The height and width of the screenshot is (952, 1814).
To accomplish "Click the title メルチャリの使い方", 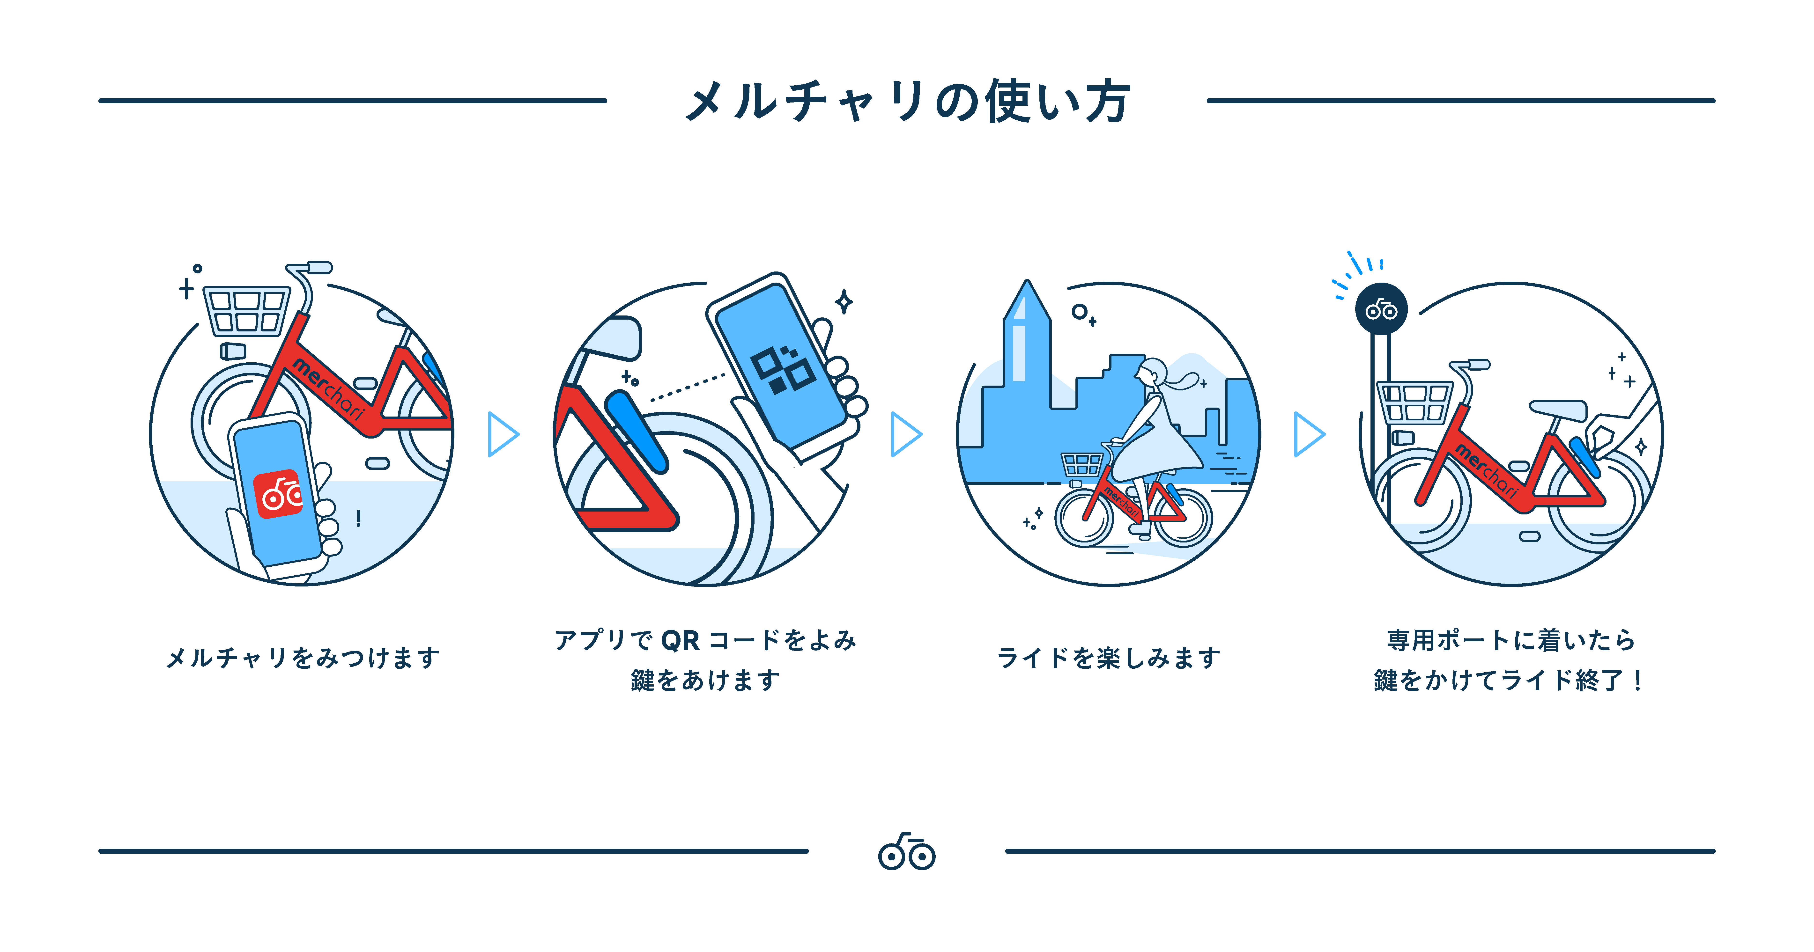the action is pyautogui.click(x=907, y=101).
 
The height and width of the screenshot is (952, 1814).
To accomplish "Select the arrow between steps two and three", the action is pyautogui.click(x=906, y=434).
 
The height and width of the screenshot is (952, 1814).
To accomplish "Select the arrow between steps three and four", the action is pyautogui.click(x=1308, y=434).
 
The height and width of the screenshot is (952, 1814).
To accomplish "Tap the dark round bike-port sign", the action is pyautogui.click(x=1381, y=308).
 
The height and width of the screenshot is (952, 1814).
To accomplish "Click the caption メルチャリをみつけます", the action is pyautogui.click(x=303, y=658).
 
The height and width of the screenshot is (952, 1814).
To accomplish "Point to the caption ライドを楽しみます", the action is pyautogui.click(x=1108, y=658).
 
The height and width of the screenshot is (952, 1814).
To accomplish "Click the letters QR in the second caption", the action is pyautogui.click(x=680, y=640).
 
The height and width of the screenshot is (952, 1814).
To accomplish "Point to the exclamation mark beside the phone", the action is pyautogui.click(x=359, y=519).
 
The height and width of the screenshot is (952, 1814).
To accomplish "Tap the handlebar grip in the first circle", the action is pyautogui.click(x=318, y=268).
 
